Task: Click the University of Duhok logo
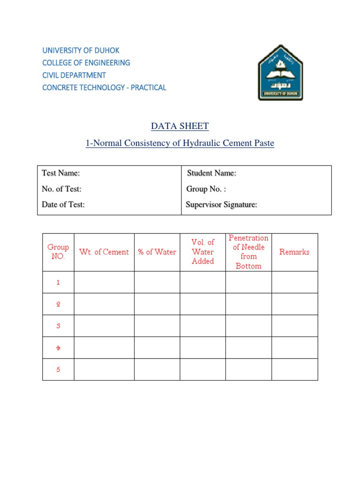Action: pyautogui.click(x=280, y=73)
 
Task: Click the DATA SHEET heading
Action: pyautogui.click(x=180, y=126)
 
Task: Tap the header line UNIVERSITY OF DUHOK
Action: pyautogui.click(x=81, y=50)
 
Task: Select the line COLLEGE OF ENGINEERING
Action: pyautogui.click(x=86, y=62)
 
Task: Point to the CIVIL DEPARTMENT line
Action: pyautogui.click(x=74, y=75)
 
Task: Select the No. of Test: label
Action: pyautogui.click(x=61, y=189)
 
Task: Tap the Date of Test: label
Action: pyautogui.click(x=63, y=205)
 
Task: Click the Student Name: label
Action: pyautogui.click(x=211, y=173)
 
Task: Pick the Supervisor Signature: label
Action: pyautogui.click(x=221, y=205)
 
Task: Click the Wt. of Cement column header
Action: pyautogui.click(x=104, y=252)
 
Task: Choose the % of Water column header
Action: pyautogui.click(x=157, y=252)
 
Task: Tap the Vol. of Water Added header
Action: pyautogui.click(x=203, y=252)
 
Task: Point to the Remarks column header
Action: pyautogui.click(x=294, y=252)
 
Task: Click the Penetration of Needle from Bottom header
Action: pyautogui.click(x=248, y=252)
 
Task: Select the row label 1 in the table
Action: pyautogui.click(x=58, y=283)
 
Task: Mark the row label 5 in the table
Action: pyautogui.click(x=58, y=369)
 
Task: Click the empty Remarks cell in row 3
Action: pyautogui.click(x=294, y=326)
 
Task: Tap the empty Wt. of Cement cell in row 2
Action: pyautogui.click(x=104, y=304)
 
